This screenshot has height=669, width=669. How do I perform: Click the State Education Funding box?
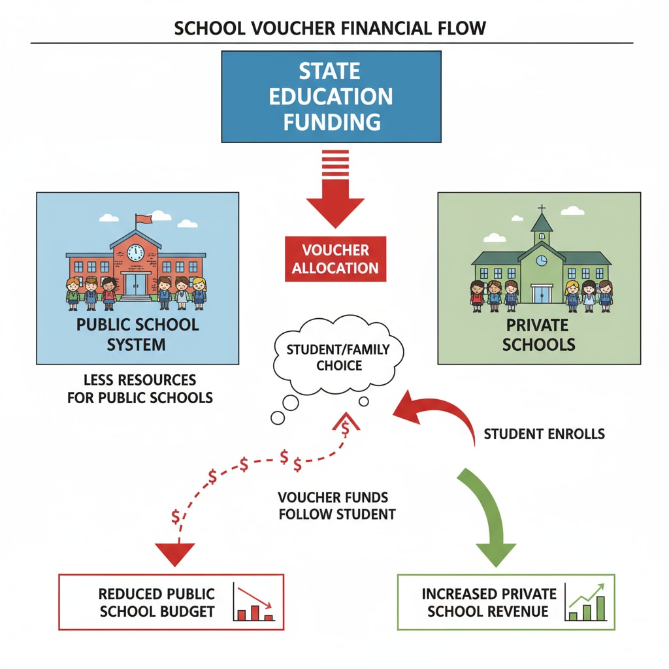(x=331, y=96)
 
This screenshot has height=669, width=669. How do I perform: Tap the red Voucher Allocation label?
(x=335, y=259)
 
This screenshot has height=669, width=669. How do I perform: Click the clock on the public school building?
(x=135, y=252)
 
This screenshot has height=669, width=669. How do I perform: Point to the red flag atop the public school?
(x=141, y=218)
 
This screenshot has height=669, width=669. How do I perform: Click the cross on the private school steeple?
(x=542, y=211)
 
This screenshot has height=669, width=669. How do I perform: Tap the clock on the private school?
(x=542, y=261)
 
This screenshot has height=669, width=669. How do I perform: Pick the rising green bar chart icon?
(x=587, y=602)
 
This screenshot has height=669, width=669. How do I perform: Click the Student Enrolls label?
(x=544, y=434)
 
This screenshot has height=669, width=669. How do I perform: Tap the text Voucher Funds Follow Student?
(x=336, y=505)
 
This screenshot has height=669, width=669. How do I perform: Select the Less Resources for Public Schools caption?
(x=140, y=389)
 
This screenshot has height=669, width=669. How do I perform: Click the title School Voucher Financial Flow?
(x=331, y=29)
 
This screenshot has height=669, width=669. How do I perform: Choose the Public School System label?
(x=138, y=334)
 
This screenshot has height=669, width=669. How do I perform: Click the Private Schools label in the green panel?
(x=539, y=334)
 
